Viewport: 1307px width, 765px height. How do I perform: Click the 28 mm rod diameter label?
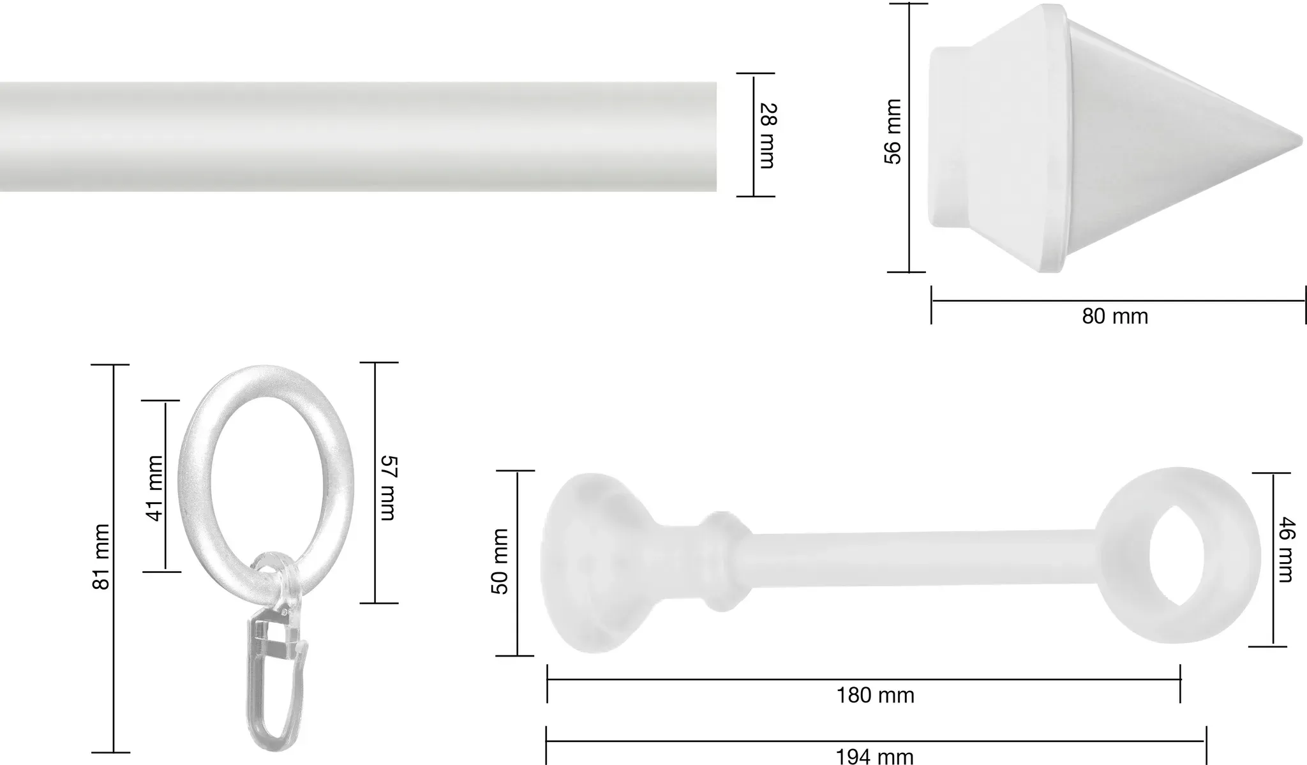766,135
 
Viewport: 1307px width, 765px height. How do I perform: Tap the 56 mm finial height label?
893,131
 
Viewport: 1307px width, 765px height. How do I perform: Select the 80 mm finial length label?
1115,316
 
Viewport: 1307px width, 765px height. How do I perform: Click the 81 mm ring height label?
102,556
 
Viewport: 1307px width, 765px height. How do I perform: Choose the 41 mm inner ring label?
154,487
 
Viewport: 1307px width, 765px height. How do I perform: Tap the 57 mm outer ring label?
388,487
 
